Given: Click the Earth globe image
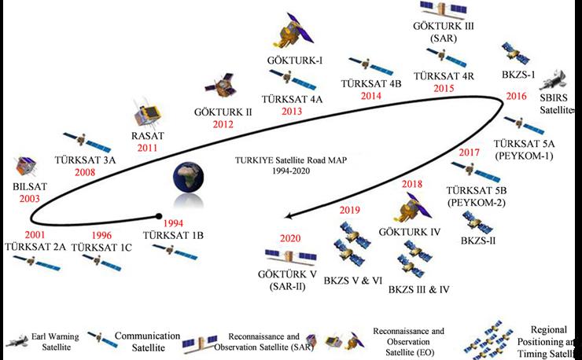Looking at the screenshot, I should coord(179,186).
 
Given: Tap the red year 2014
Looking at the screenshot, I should coord(371,96).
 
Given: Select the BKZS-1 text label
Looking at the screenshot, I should coord(518,75).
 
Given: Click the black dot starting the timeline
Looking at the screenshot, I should coord(160,215).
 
